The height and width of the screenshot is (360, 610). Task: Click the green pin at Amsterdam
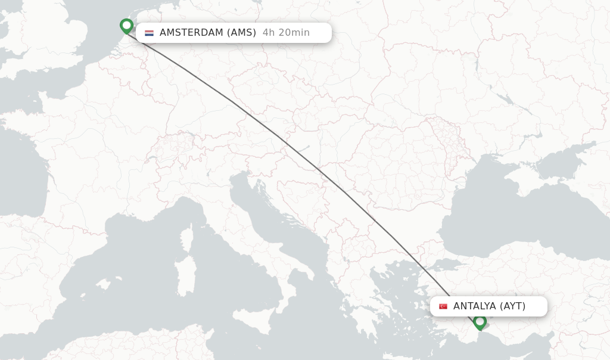[126, 26]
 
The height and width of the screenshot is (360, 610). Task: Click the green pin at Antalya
[480, 321]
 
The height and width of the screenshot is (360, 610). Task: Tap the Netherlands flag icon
[149, 33]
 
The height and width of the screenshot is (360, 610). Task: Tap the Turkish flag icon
[443, 306]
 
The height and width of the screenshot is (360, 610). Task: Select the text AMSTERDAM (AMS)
[208, 33]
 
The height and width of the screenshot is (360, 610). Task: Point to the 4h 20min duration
[286, 33]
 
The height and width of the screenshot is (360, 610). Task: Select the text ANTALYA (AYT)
[489, 306]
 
